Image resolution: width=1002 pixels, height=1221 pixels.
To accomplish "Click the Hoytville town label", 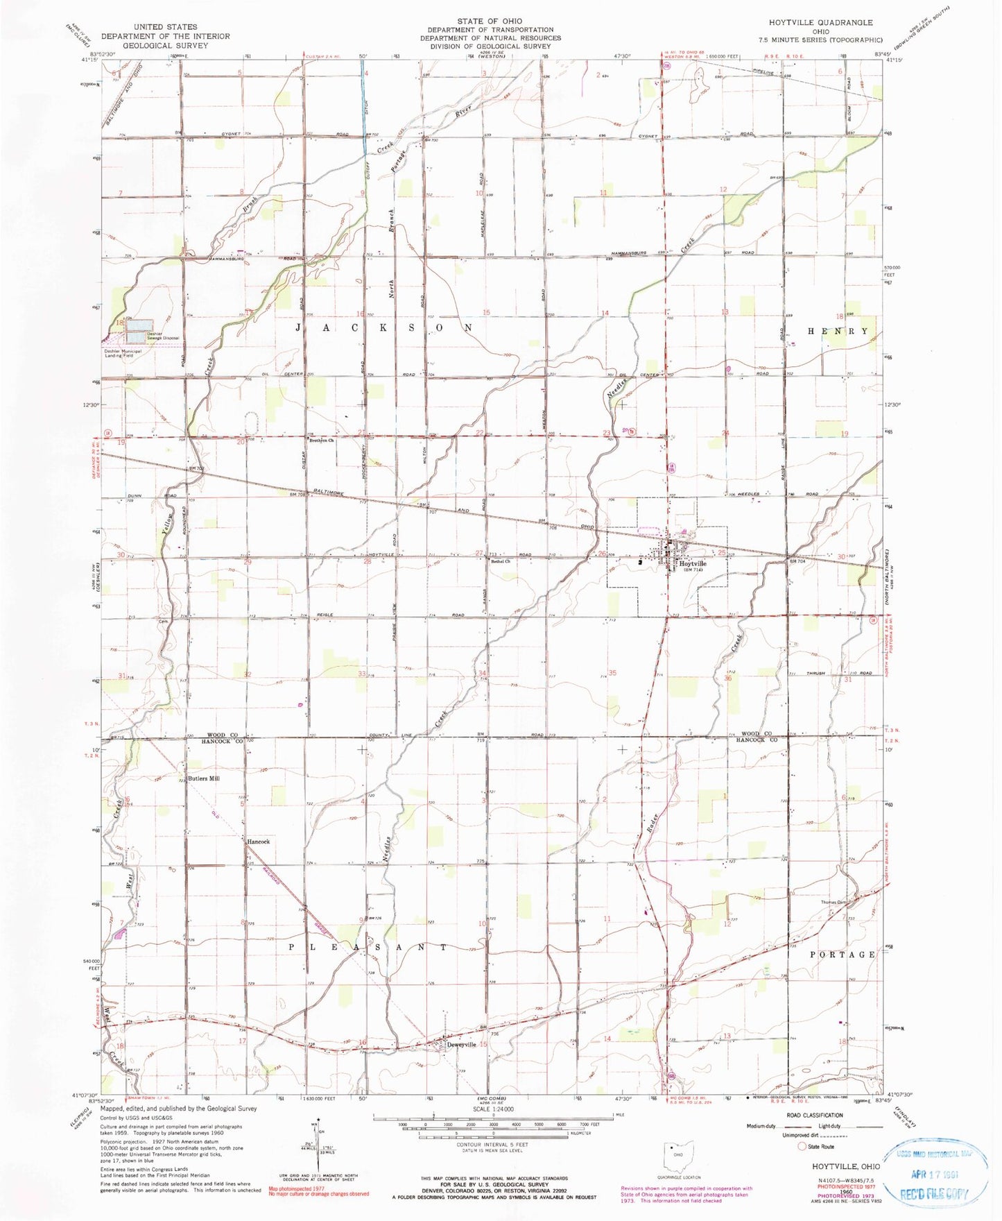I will point(692,564).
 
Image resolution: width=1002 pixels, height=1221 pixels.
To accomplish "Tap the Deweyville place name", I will point(463,1045).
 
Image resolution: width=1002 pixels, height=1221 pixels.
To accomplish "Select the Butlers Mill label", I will point(205,779).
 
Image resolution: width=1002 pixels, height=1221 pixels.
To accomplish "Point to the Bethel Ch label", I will point(501,561).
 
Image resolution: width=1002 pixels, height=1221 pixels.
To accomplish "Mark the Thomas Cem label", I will point(834,903).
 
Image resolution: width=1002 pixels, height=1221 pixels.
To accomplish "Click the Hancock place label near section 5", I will point(259,842).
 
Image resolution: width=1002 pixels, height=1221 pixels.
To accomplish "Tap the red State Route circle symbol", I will point(802,1147).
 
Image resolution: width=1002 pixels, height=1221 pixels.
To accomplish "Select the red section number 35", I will point(612,673).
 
